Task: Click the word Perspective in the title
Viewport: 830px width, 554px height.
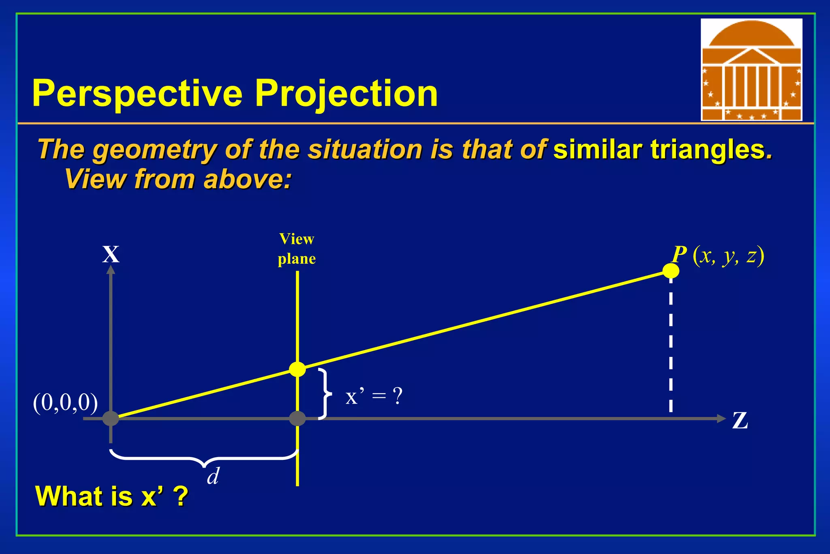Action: pos(137,94)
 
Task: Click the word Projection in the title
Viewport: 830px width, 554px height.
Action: pos(346,94)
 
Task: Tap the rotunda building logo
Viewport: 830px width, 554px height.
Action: pos(751,70)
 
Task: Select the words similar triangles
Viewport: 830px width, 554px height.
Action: pos(662,149)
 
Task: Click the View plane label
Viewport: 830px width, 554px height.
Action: pos(297,249)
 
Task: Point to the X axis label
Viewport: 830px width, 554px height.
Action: pos(111,255)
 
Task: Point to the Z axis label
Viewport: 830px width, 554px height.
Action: pos(740,421)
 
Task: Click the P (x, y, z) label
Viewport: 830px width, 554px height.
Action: pos(718,256)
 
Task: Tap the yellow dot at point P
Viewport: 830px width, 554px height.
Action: pos(671,271)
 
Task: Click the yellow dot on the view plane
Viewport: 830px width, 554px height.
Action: pos(297,369)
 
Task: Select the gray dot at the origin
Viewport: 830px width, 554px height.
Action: pos(111,418)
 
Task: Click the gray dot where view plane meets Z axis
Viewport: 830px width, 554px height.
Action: pos(297,418)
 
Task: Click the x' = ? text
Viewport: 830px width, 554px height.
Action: pos(374,396)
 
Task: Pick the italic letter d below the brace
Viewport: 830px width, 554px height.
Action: pos(213,476)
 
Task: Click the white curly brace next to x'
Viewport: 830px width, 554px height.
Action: pos(325,394)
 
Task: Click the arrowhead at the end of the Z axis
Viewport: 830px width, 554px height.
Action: pos(721,419)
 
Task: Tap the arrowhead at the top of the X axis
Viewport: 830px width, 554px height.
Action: pos(111,270)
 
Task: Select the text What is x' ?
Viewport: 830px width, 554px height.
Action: pos(112,496)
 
